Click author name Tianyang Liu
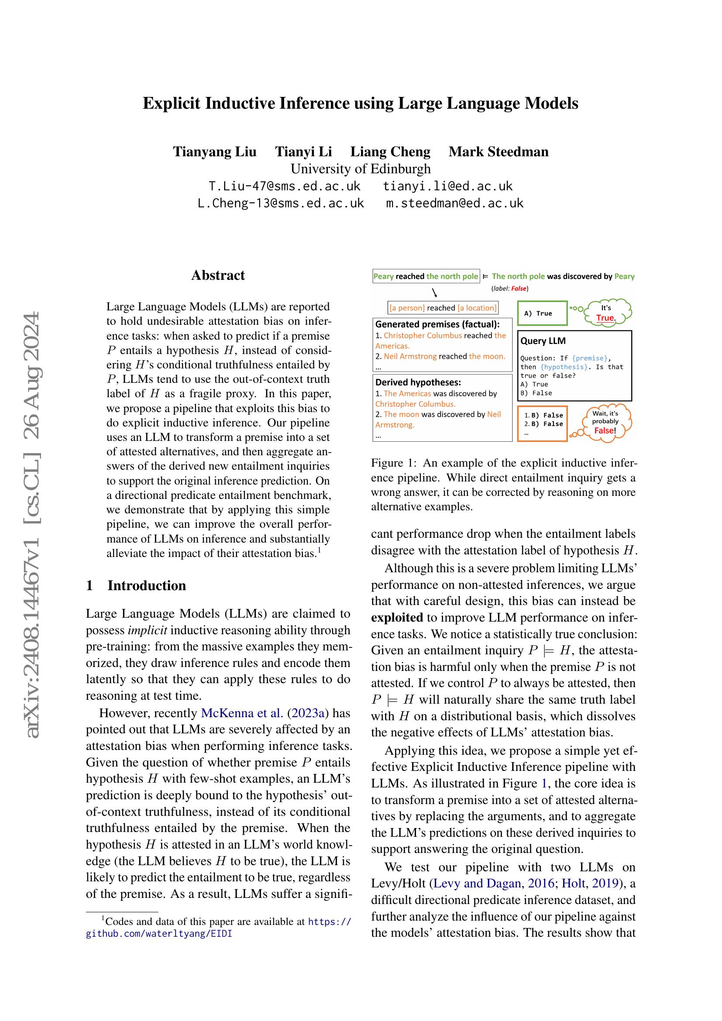pos(215,151)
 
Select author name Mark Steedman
pos(499,151)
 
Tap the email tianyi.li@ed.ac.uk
pos(448,186)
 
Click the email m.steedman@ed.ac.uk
pos(454,203)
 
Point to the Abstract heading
pos(218,275)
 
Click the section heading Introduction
pos(146,585)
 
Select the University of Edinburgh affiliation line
pos(361,169)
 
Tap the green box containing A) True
pos(543,313)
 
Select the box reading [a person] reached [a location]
pos(443,308)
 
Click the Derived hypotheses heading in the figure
pos(418,382)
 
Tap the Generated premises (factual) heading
pos(437,324)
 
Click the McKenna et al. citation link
pos(242,713)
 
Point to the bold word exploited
pos(396,618)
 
